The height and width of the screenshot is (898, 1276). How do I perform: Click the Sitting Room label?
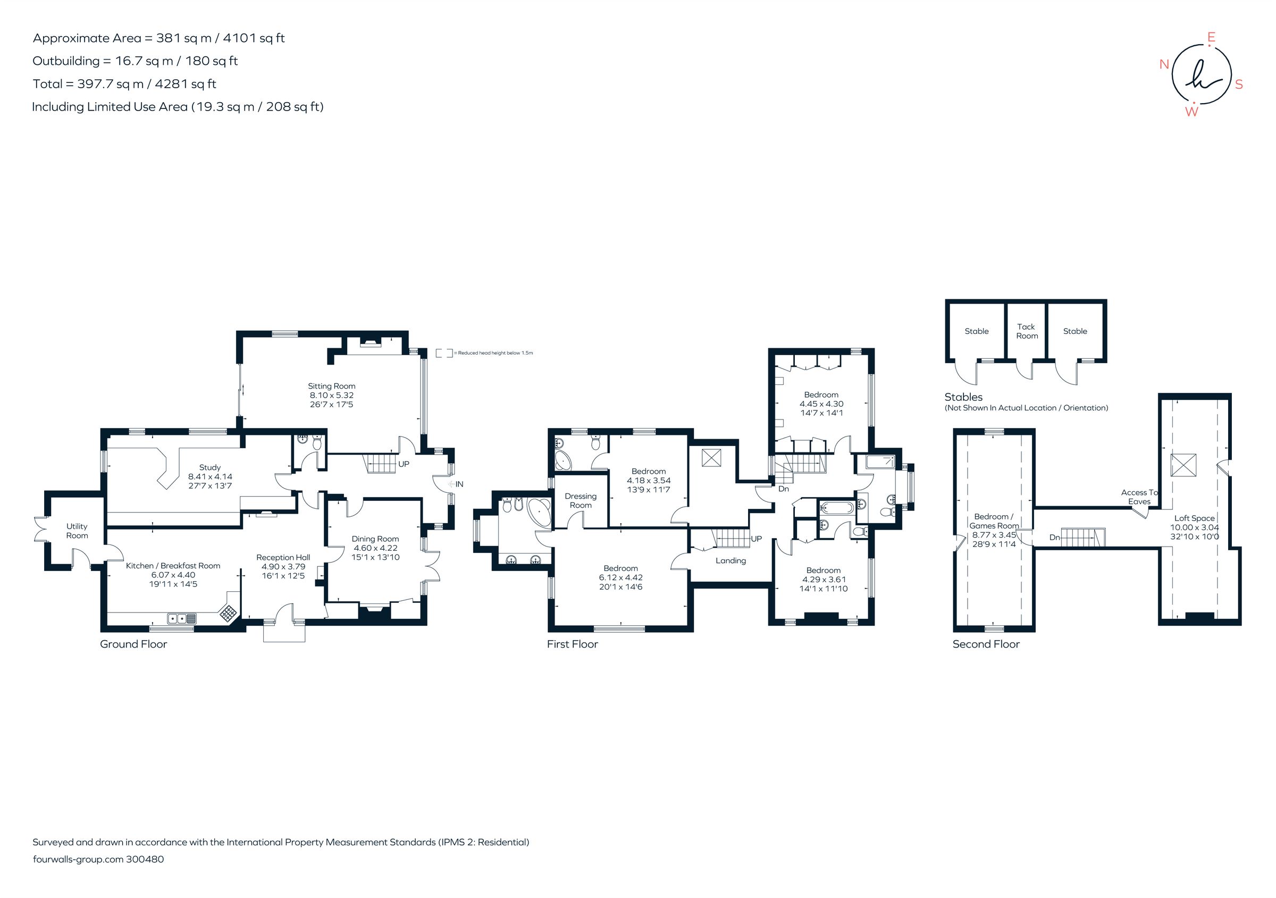[x=331, y=385]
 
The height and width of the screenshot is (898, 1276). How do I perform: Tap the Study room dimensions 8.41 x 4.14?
[x=210, y=476]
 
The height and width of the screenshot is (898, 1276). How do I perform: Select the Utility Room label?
[x=77, y=531]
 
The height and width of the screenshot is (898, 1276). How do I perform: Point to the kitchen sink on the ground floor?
[x=182, y=618]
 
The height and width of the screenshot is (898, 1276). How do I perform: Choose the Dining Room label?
[x=375, y=539]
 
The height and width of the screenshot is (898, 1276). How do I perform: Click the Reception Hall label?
[x=283, y=557]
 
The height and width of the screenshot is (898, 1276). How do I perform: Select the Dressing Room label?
[x=580, y=501]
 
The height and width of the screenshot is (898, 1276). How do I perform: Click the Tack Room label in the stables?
[x=1027, y=331]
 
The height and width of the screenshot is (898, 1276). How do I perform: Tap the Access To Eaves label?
[x=1139, y=497]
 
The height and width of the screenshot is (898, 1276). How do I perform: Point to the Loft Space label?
[x=1194, y=518]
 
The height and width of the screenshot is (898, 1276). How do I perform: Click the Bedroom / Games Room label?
[x=994, y=521]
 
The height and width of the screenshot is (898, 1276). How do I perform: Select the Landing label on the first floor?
[x=731, y=561]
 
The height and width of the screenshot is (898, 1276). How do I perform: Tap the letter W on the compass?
[x=1191, y=112]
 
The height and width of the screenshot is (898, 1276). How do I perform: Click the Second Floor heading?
[x=986, y=644]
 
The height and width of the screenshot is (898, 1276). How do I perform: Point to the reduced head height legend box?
[x=443, y=353]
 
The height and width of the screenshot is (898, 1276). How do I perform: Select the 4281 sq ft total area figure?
[x=185, y=84]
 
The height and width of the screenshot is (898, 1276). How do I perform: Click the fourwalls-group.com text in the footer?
[x=78, y=859]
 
